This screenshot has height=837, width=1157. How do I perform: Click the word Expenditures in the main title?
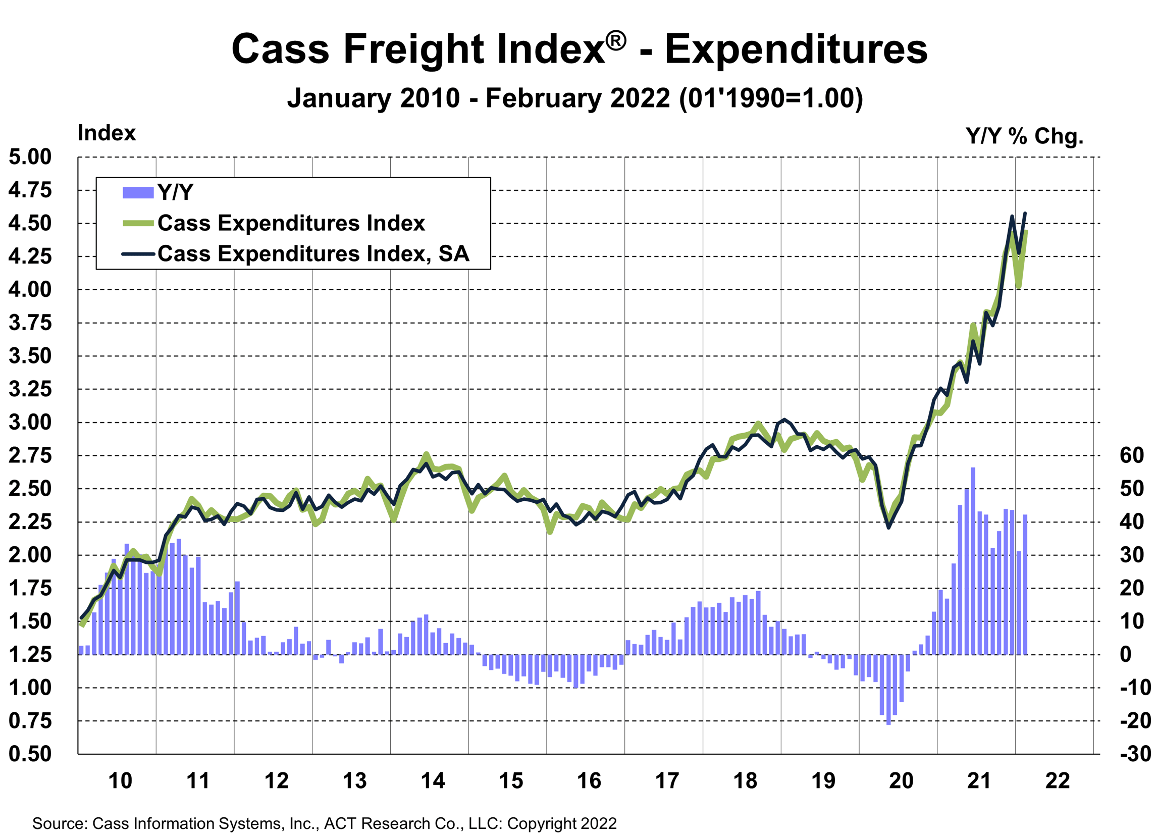[x=796, y=49]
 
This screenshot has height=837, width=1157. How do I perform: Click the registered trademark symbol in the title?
[x=616, y=40]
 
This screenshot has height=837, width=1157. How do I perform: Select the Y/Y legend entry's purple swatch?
[x=138, y=193]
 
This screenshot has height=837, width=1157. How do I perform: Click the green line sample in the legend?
[x=138, y=224]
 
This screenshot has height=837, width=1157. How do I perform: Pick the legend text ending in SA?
[x=313, y=254]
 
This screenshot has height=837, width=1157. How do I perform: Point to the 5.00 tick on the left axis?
[x=30, y=157]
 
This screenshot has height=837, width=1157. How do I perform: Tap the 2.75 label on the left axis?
[x=30, y=455]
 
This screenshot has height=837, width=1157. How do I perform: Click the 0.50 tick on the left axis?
[x=30, y=754]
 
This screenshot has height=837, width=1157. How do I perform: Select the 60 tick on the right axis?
[x=1131, y=455]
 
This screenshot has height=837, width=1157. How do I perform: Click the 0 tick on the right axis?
[x=1125, y=654]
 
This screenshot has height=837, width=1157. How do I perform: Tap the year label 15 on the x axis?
[x=511, y=781]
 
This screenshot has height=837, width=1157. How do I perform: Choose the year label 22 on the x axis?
[x=1058, y=781]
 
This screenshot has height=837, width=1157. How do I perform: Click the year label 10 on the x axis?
[x=120, y=781]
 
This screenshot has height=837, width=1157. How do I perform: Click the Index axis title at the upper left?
[x=107, y=133]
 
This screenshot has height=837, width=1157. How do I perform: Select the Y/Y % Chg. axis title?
[x=1024, y=136]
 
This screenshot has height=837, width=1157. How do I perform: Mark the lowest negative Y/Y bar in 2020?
[x=888, y=689]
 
